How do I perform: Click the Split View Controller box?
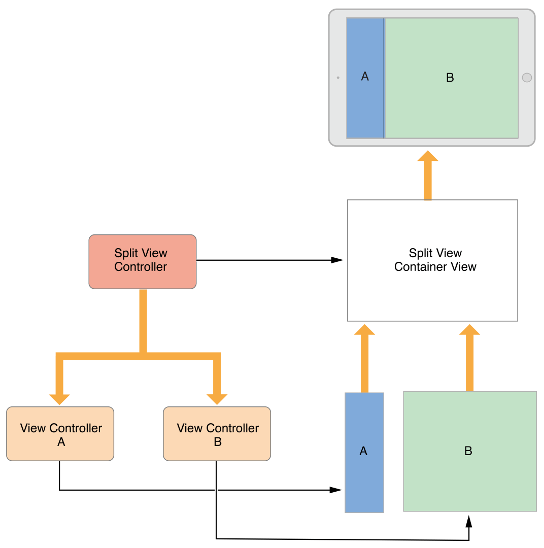142,261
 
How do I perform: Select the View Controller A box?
60,434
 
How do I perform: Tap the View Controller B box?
217,434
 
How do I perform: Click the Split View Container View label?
435,260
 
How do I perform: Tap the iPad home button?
527,78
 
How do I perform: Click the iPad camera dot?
338,78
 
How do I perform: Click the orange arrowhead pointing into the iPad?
428,156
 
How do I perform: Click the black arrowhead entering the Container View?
337,260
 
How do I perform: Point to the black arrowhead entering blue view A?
335,490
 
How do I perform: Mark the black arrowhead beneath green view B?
469,521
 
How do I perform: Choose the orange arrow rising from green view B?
469,358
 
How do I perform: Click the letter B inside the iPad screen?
450,78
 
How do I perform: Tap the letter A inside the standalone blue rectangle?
363,451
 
